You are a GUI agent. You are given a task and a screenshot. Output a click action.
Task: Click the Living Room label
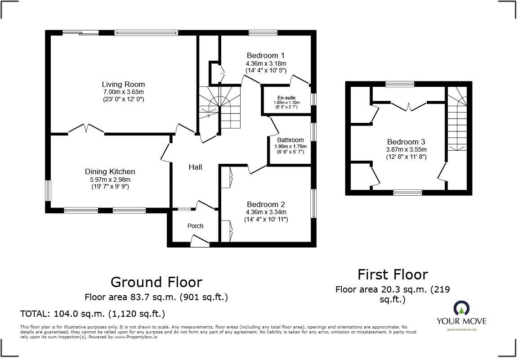[123, 84]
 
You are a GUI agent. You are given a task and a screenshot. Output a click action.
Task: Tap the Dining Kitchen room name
[110, 171]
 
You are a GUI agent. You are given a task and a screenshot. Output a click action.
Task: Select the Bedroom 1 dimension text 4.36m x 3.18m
[266, 63]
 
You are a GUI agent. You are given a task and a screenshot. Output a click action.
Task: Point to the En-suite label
[286, 98]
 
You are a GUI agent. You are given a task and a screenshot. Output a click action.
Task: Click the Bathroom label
[290, 140]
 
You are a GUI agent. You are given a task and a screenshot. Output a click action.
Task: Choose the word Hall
[195, 167]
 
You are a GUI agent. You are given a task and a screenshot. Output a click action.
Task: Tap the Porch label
[195, 226]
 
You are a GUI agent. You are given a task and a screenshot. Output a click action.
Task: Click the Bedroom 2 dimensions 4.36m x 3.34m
[266, 212]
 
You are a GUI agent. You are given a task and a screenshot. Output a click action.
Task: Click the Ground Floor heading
[156, 282]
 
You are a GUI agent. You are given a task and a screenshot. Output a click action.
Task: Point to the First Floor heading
[393, 274]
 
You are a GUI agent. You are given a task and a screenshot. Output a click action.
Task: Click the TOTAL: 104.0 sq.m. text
[93, 313]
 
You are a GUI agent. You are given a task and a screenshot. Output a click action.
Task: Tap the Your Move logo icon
[461, 308]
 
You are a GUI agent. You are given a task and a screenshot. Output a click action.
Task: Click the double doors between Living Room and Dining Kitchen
[86, 129]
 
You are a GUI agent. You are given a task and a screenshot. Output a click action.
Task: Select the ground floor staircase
[220, 108]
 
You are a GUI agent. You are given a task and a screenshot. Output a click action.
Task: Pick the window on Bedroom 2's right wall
[313, 204]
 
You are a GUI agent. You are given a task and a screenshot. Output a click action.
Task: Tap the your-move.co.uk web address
[462, 329]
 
